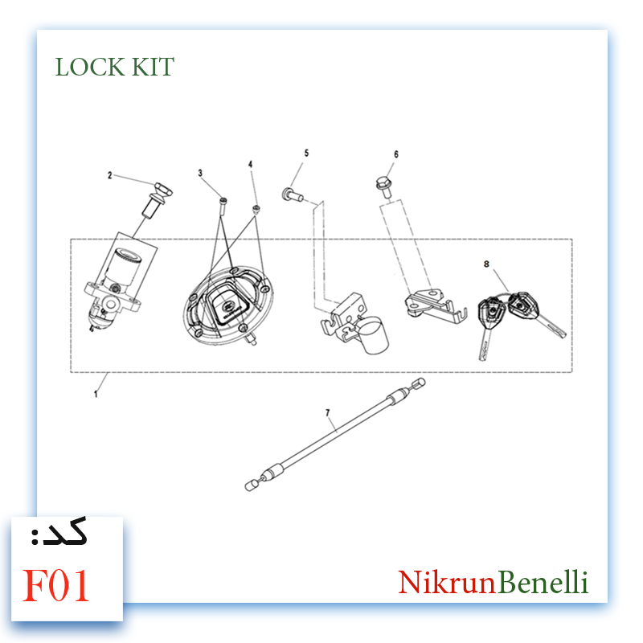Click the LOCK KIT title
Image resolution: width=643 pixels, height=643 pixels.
click(115, 67)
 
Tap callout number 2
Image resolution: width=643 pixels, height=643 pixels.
click(109, 175)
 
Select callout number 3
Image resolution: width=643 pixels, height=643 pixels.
click(200, 173)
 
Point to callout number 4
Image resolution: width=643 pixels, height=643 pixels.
click(251, 165)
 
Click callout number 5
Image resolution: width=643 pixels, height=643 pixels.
click(306, 153)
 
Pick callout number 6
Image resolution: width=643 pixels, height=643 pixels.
click(396, 154)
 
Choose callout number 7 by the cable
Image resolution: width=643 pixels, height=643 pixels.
click(328, 412)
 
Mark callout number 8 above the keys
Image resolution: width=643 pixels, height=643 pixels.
click(486, 264)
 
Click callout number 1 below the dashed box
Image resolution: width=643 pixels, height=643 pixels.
click(96, 394)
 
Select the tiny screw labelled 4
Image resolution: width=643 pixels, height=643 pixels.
click(256, 210)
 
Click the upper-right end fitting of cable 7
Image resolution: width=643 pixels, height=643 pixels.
click(419, 383)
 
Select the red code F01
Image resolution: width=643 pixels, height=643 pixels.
click(55, 585)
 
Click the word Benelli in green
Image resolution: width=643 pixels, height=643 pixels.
click(543, 582)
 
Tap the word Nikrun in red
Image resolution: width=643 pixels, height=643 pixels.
click(447, 582)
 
